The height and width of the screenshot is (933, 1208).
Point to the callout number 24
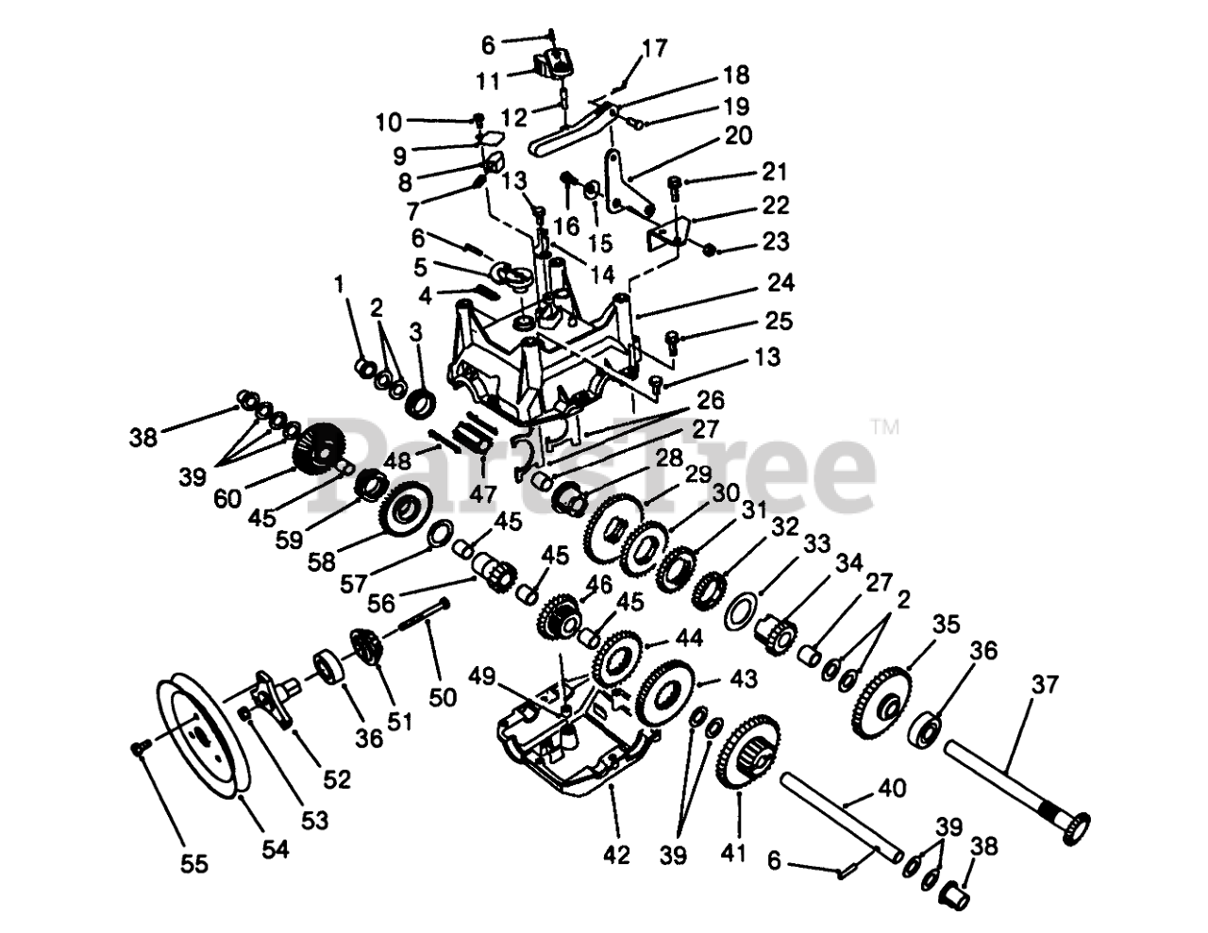tap(780, 282)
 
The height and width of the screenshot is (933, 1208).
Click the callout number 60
tap(227, 500)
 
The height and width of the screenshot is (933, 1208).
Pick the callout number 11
tap(488, 81)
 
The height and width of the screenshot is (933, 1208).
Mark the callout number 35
tap(947, 624)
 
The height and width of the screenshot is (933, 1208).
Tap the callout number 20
tap(739, 136)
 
